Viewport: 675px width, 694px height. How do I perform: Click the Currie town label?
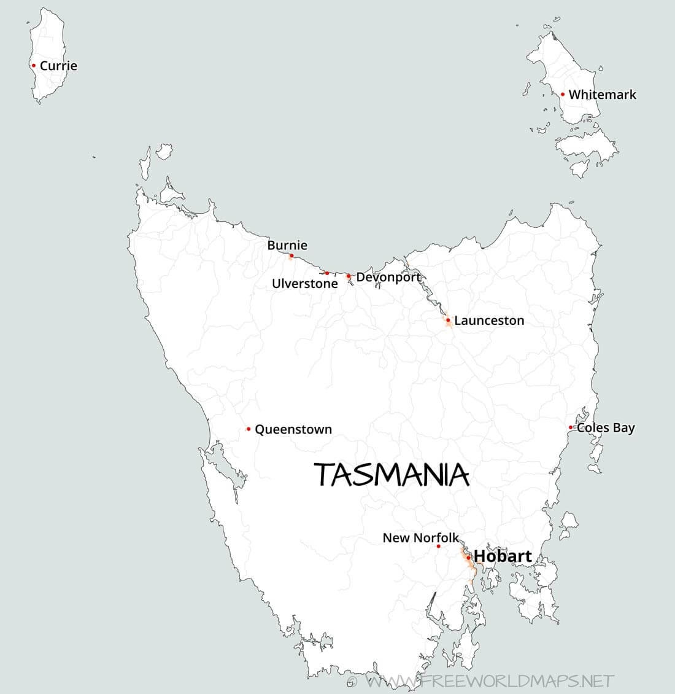pos(58,66)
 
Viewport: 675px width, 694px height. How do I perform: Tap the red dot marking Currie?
pos(34,65)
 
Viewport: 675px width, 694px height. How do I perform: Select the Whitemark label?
pos(602,95)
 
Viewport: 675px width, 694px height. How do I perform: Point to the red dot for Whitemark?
pos(563,94)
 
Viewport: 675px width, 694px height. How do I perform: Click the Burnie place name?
pos(287,245)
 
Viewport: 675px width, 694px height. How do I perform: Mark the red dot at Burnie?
pos(291,255)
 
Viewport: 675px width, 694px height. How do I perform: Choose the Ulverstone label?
pos(304,284)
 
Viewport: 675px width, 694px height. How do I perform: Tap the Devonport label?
pos(388,277)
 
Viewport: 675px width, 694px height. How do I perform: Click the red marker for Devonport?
pos(349,276)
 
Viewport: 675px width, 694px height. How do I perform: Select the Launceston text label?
pos(489,321)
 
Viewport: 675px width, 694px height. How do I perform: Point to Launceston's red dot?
pos(448,320)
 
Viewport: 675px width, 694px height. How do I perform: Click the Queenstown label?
pos(293,429)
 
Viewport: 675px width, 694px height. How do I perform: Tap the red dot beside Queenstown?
pos(249,429)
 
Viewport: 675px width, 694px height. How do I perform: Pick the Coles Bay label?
pos(606,427)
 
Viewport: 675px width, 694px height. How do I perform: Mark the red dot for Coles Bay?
pos(571,427)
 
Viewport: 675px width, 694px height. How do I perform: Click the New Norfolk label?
pos(420,538)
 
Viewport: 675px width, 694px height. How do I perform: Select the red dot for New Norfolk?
pos(439,546)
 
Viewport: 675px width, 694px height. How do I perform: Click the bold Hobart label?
pos(503,556)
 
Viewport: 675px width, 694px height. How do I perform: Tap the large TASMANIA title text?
pos(391,475)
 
